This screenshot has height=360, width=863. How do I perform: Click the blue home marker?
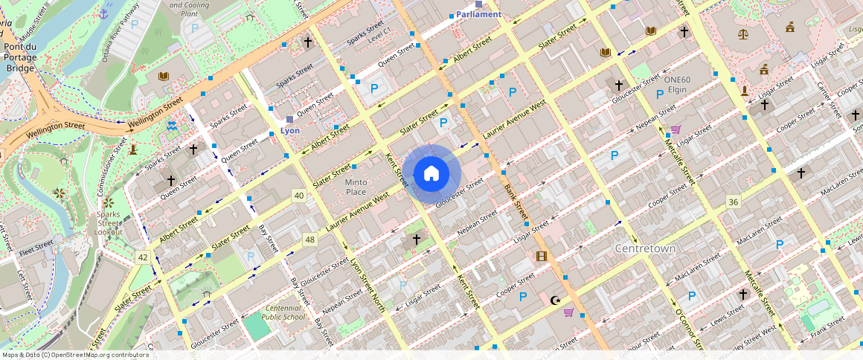pyautogui.click(x=431, y=173)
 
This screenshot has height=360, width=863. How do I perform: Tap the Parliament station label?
pyautogui.click(x=478, y=14)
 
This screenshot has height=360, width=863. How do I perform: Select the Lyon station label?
pyautogui.click(x=289, y=130)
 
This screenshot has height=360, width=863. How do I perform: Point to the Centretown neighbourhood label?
pyautogui.click(x=645, y=248)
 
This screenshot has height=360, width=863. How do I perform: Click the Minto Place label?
pyautogui.click(x=356, y=187)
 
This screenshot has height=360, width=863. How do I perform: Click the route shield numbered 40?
pyautogui.click(x=299, y=196)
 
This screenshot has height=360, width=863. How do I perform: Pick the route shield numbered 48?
pyautogui.click(x=310, y=240)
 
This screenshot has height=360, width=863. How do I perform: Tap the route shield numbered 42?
pyautogui.click(x=143, y=257)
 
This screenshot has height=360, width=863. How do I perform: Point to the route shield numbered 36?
pyautogui.click(x=734, y=202)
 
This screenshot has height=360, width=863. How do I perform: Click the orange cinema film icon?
pyautogui.click(x=541, y=257)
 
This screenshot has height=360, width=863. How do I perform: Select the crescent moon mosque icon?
pyautogui.click(x=554, y=300)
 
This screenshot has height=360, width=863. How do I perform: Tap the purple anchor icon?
pyautogui.click(x=103, y=13)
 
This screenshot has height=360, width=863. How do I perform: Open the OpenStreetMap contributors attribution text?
pyautogui.click(x=74, y=355)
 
